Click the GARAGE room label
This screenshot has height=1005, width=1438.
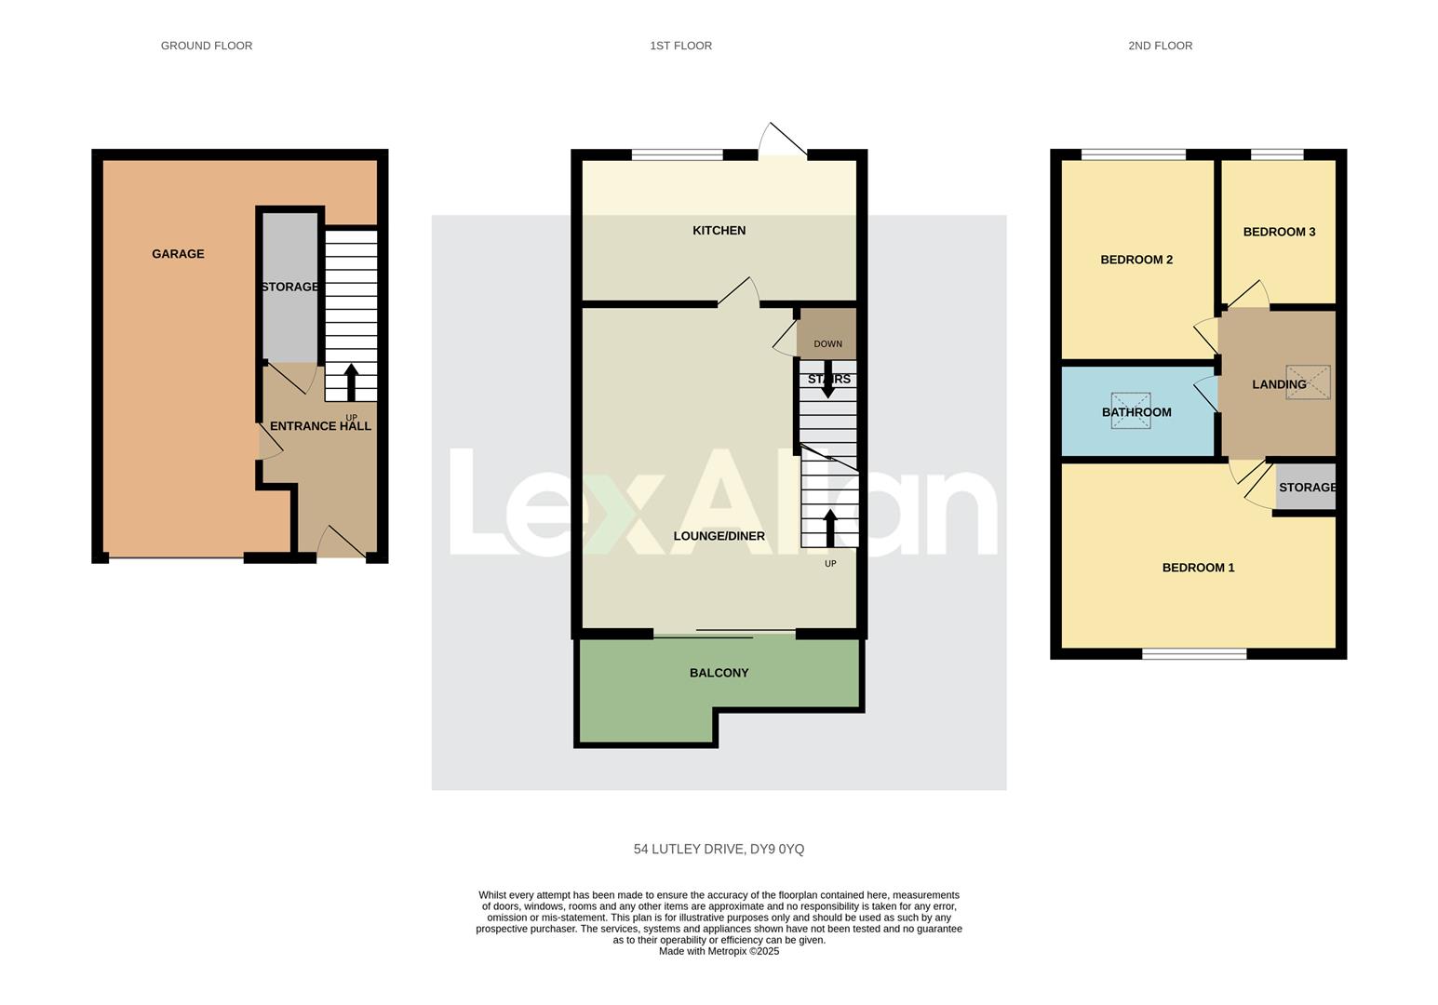178,254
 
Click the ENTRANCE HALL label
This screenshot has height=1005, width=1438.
320,426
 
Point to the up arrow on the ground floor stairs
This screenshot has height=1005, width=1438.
351,382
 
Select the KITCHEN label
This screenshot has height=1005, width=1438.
719,231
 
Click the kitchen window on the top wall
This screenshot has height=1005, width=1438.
677,154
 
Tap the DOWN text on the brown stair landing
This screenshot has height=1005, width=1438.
827,344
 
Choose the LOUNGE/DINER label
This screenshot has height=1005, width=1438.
719,536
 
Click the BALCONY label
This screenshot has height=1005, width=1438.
719,673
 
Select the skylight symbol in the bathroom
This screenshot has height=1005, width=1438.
1130,410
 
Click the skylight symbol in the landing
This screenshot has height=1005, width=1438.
1308,382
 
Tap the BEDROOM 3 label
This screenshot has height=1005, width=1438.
1279,232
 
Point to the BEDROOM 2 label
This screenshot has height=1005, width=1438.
1136,260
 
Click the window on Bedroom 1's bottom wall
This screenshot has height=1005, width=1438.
1194,654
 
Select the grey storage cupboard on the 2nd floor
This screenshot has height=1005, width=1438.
1305,488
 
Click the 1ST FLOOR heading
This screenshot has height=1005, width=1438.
680,46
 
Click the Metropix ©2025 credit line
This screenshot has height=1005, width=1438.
719,951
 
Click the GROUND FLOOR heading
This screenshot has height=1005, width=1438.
207,46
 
